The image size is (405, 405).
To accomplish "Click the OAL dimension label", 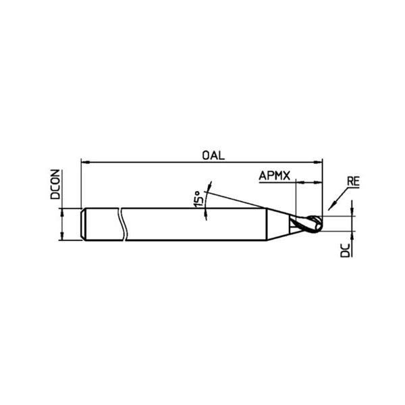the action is click(213, 155).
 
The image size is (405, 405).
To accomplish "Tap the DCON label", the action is click(55, 184).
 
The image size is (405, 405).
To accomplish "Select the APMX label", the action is click(275, 176).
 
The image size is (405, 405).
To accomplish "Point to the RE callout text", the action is click(353, 182).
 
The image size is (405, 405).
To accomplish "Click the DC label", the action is click(345, 250).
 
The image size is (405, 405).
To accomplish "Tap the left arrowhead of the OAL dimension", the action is click(85, 162).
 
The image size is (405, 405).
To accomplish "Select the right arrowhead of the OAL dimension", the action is click(318, 162).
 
